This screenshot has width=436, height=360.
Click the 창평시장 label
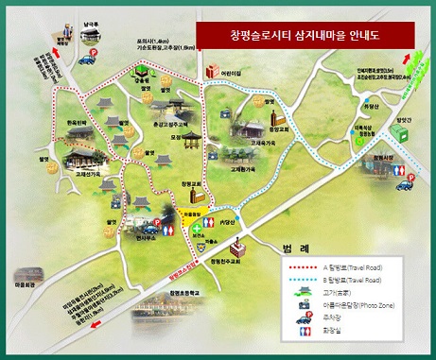tap(381, 160)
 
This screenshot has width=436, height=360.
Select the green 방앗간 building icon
tap(140, 71)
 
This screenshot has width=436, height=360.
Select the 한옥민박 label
tap(77, 123)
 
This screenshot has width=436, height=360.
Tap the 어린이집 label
tap(232, 72)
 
